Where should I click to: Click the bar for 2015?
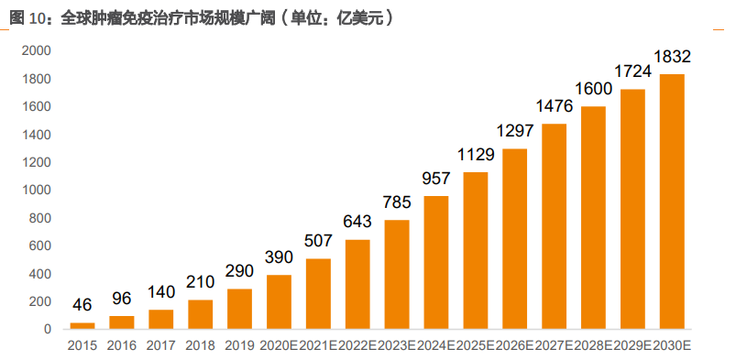[82, 325]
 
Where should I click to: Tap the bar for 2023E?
[397, 274]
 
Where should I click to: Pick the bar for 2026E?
[515, 238]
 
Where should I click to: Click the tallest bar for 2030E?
[672, 202]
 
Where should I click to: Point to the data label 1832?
[672, 57]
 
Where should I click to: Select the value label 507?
[318, 242]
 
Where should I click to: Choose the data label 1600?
[594, 89]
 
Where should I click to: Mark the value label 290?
[239, 272]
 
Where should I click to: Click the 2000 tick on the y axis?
[38, 51]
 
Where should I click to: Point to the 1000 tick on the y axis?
[38, 191]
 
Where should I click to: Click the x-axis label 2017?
[160, 345]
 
